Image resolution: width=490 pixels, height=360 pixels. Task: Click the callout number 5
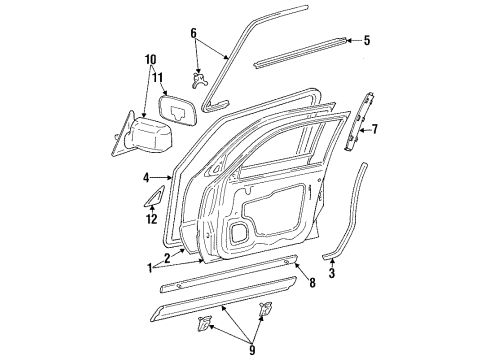pos(366,41)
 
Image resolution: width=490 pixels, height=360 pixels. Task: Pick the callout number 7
pos(376,129)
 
